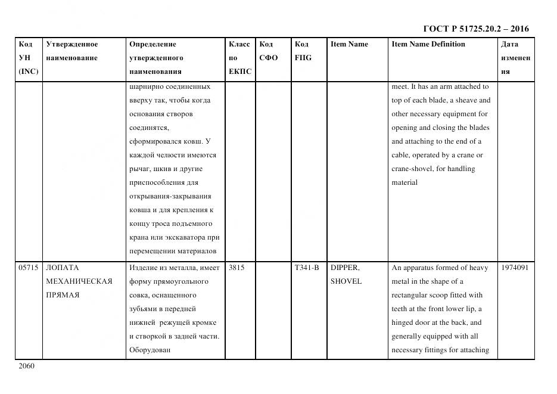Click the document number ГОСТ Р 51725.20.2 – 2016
coord(475,29)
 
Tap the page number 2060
coord(27,365)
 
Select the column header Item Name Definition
coord(428,44)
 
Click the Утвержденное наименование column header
coord(72,51)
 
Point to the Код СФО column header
coord(269,51)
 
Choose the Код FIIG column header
coord(303,51)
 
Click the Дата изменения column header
coord(515,58)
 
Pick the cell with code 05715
coord(28,268)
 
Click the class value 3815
coord(237,268)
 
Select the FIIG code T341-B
coord(307,268)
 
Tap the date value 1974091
coord(515,268)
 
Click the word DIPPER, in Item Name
coord(345,268)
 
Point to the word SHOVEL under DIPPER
coord(346,281)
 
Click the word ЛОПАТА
coord(63,268)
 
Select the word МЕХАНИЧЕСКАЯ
coord(79,281)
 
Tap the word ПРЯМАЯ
coord(63,295)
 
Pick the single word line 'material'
coord(404,182)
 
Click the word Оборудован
coord(150,350)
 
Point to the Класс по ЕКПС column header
coord(240,58)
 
